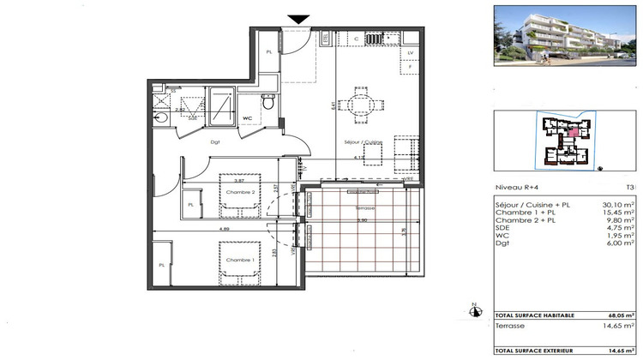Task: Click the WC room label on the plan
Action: click(247, 118)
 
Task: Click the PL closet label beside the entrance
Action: click(269, 51)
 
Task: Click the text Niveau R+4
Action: click(518, 186)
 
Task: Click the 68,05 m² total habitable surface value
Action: click(616, 314)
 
